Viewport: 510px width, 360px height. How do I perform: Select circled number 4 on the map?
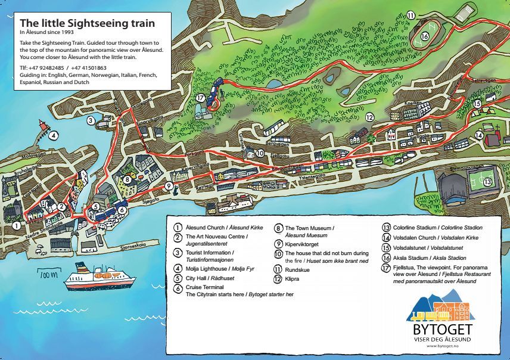point(54,135)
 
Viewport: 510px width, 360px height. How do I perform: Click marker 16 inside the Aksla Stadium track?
point(425,36)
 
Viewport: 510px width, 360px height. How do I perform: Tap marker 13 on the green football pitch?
point(487,181)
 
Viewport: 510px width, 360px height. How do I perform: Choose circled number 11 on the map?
point(412,15)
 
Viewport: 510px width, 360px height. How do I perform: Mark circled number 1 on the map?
point(17,226)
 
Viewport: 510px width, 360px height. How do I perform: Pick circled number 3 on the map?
point(91,120)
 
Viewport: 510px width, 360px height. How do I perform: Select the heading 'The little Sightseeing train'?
point(87,23)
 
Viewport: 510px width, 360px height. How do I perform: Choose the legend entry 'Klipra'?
point(293,278)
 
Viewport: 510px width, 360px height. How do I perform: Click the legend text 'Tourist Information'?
point(209,253)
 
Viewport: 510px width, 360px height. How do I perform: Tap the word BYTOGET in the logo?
point(442,330)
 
